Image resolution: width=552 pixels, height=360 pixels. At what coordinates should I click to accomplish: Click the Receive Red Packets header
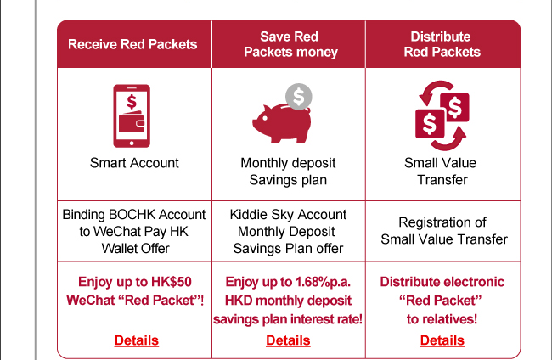[x=132, y=44]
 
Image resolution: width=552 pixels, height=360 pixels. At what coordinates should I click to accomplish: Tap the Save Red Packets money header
[x=290, y=44]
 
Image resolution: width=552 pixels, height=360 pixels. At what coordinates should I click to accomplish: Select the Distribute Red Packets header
[x=442, y=44]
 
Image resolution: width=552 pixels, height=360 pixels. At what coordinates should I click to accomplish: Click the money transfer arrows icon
[x=441, y=115]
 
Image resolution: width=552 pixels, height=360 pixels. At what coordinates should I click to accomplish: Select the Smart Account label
[x=134, y=163]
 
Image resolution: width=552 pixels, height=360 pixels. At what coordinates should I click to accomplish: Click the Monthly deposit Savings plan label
[x=288, y=172]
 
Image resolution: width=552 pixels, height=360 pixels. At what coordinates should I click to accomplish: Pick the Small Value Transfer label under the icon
[x=442, y=172]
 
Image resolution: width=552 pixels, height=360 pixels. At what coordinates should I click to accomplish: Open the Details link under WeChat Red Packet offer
[x=136, y=340]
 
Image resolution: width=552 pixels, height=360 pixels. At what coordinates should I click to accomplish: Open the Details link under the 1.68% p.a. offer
[x=288, y=340]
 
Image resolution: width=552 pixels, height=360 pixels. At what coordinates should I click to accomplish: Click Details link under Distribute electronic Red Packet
[x=442, y=340]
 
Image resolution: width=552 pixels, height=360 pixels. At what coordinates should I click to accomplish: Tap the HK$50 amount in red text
[x=184, y=282]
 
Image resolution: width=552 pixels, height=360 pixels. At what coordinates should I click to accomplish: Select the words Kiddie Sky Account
[x=288, y=214]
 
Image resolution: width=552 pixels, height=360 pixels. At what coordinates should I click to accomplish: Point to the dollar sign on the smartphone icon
[x=132, y=99]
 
